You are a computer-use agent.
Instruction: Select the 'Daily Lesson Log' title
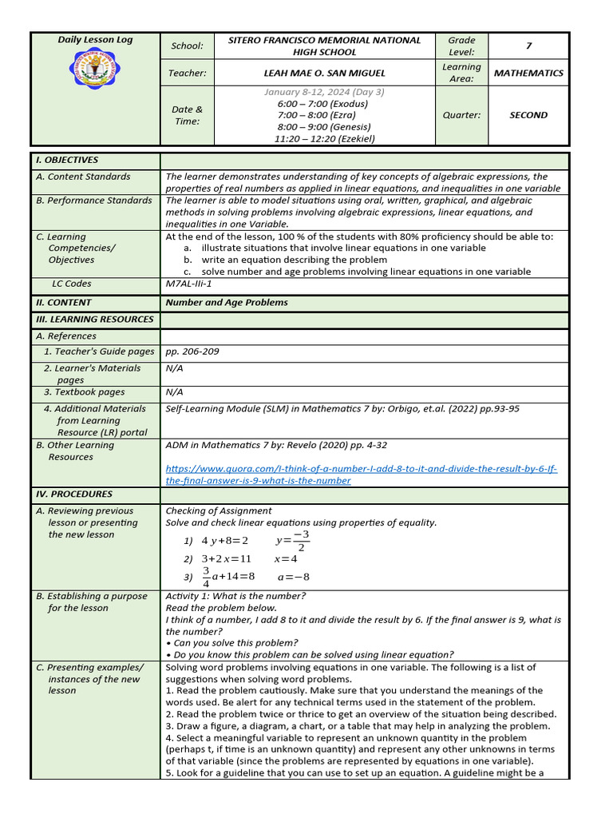pos(95,40)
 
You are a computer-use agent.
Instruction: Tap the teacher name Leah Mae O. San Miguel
pos(324,73)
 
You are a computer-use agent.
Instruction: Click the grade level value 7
pos(528,46)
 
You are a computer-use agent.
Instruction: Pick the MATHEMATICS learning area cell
pos(528,73)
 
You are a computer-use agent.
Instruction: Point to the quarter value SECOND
pos(528,115)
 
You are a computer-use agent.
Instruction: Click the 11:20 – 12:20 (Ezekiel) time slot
pos(324,138)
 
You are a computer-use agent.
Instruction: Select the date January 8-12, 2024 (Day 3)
pos(324,92)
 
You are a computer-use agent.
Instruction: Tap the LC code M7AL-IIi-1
pos(188,284)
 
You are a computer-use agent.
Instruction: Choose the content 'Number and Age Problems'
pos(227,303)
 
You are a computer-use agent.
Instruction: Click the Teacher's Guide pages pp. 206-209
pos(192,351)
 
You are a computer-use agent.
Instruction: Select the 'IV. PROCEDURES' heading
pos(74,494)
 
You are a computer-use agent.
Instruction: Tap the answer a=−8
pos(293,577)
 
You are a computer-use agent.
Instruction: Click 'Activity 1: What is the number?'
pos(235,596)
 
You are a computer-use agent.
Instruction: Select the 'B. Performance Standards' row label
pos(93,201)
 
